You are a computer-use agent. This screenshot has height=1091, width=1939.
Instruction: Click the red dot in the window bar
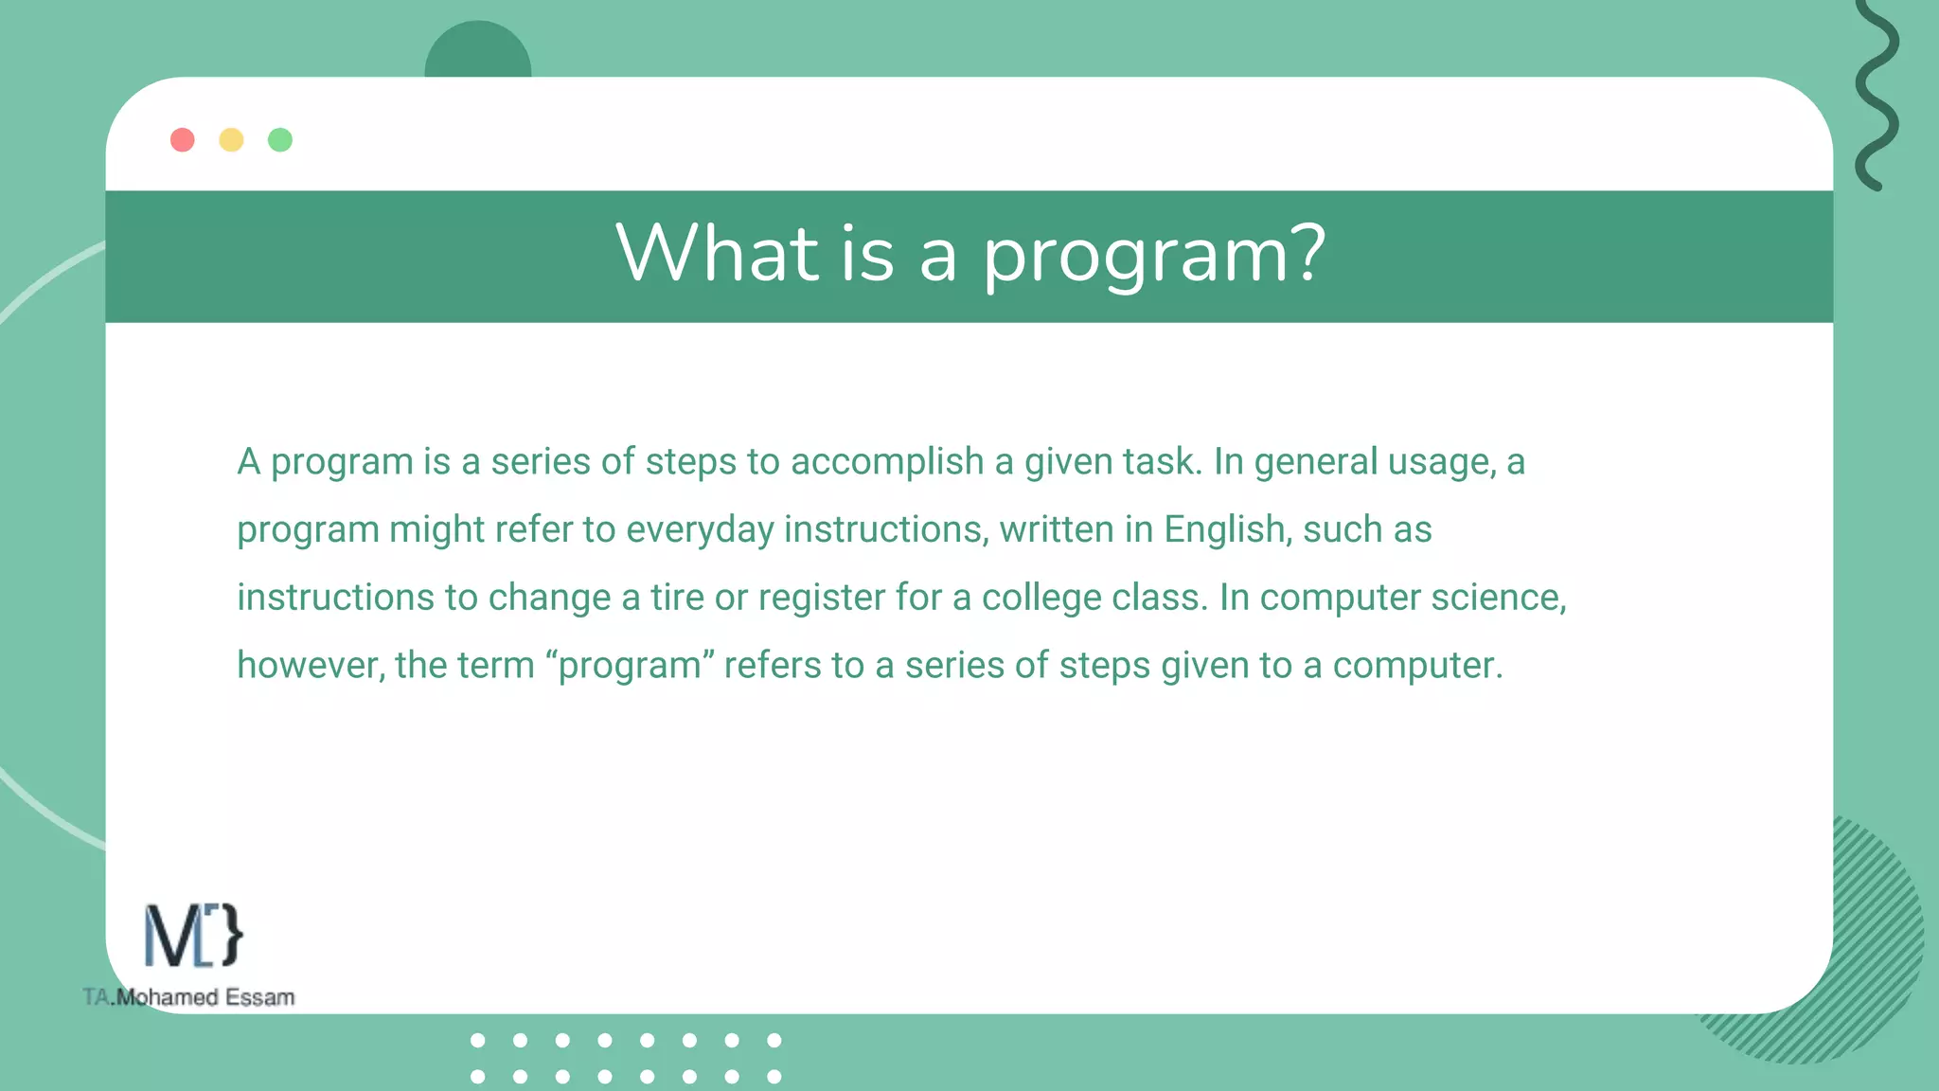click(183, 140)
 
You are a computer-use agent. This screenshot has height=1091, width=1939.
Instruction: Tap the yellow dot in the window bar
click(231, 140)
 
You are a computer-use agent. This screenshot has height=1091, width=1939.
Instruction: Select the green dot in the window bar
click(280, 140)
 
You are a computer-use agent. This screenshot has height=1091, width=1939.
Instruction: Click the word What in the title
click(717, 254)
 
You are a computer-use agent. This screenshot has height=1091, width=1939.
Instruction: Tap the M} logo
click(193, 936)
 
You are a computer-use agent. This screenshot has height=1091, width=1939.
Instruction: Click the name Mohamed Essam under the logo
click(205, 997)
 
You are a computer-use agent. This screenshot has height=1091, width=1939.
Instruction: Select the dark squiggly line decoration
click(1876, 95)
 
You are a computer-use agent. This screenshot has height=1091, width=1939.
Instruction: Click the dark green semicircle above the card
click(478, 52)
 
